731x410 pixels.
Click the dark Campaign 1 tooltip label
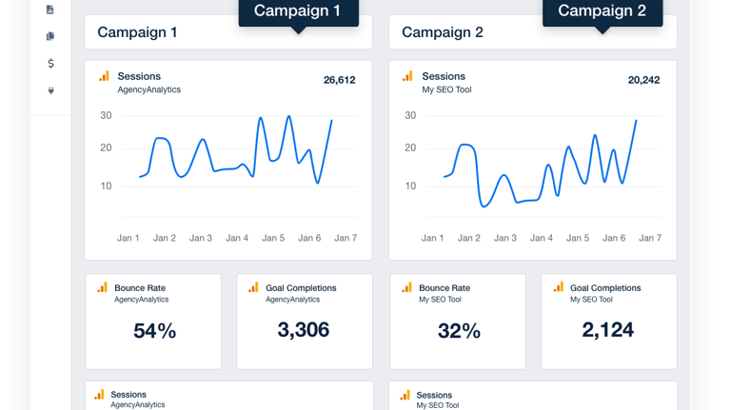click(297, 11)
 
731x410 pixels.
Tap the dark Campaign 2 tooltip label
click(602, 11)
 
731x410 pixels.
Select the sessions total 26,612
click(339, 81)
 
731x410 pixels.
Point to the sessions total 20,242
click(643, 81)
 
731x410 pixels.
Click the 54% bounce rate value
click(154, 331)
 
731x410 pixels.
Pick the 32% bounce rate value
click(459, 331)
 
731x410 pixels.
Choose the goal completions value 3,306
click(304, 330)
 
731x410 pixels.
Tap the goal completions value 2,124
click(608, 330)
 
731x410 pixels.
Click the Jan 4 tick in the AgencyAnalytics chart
click(237, 238)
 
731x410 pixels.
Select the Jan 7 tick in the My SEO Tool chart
click(650, 238)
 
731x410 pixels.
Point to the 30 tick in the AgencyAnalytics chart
click(106, 116)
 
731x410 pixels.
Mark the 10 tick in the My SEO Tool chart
click(410, 185)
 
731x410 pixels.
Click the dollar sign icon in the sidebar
click(50, 64)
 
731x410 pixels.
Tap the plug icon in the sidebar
click(50, 91)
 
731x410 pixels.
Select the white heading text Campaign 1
click(137, 32)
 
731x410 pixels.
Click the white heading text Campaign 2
click(442, 32)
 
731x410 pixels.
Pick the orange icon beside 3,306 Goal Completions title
click(253, 287)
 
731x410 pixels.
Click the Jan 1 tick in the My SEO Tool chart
click(433, 238)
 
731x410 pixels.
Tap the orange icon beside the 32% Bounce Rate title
click(406, 287)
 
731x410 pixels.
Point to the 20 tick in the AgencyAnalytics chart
click(106, 147)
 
